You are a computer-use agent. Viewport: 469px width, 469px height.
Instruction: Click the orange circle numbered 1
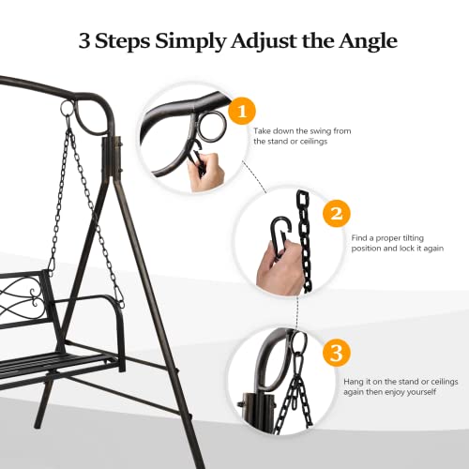(x=242, y=112)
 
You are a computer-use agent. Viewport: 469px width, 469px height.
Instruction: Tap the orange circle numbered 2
(x=336, y=214)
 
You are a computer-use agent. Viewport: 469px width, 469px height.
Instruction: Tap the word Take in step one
(x=263, y=131)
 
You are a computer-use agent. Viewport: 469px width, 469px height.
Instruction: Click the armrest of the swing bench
(x=104, y=299)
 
